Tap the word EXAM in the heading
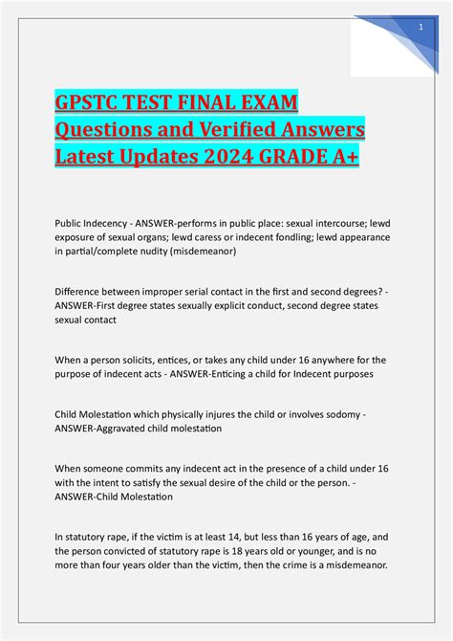pyautogui.click(x=264, y=101)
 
